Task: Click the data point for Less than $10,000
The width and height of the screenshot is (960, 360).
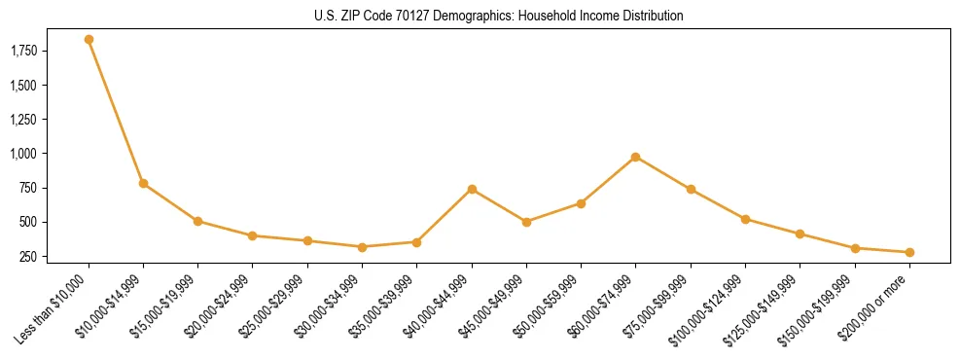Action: click(x=89, y=40)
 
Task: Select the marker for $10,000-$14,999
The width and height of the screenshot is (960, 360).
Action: click(x=143, y=183)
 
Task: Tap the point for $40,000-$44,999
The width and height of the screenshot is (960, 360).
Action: click(x=472, y=189)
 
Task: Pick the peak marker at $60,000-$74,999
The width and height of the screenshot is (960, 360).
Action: click(x=635, y=157)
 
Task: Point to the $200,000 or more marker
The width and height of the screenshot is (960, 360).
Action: click(x=909, y=252)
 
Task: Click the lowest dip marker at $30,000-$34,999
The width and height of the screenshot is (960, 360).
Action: click(x=362, y=247)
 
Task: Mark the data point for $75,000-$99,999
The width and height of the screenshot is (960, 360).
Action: click(x=691, y=189)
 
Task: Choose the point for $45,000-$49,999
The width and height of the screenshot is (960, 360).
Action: click(x=526, y=222)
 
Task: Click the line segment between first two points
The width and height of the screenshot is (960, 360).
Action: click(x=116, y=111)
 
